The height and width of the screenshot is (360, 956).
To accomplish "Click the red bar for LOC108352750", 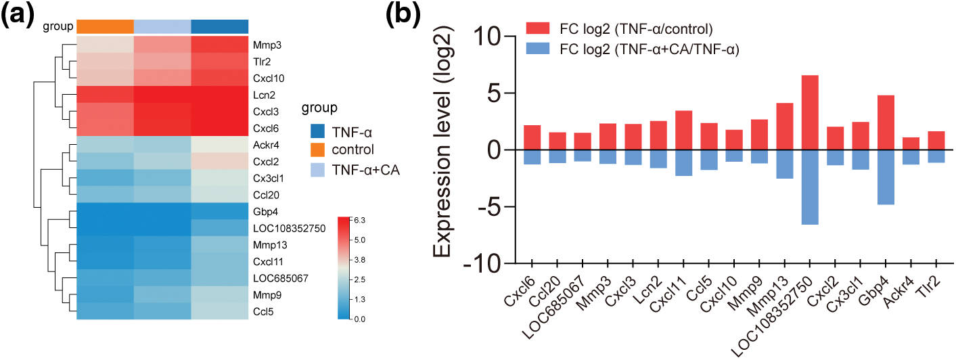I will [x=810, y=112].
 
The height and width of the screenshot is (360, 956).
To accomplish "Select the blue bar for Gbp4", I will [x=886, y=177].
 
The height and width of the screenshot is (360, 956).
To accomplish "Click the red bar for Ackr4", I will [x=911, y=143].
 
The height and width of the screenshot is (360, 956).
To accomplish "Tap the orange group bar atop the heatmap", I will [x=105, y=26].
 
